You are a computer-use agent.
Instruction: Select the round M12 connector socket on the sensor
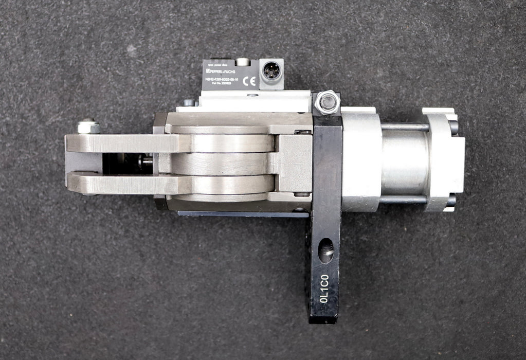coord(271,70)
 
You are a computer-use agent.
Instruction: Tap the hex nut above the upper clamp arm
coord(88,127)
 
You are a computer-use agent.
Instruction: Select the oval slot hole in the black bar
coord(326,250)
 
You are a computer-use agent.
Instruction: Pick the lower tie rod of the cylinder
coord(403,200)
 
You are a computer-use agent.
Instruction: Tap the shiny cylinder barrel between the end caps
coord(405,163)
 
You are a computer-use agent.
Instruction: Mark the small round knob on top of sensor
coord(242,62)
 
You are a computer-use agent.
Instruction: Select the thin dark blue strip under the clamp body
coord(242,213)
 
